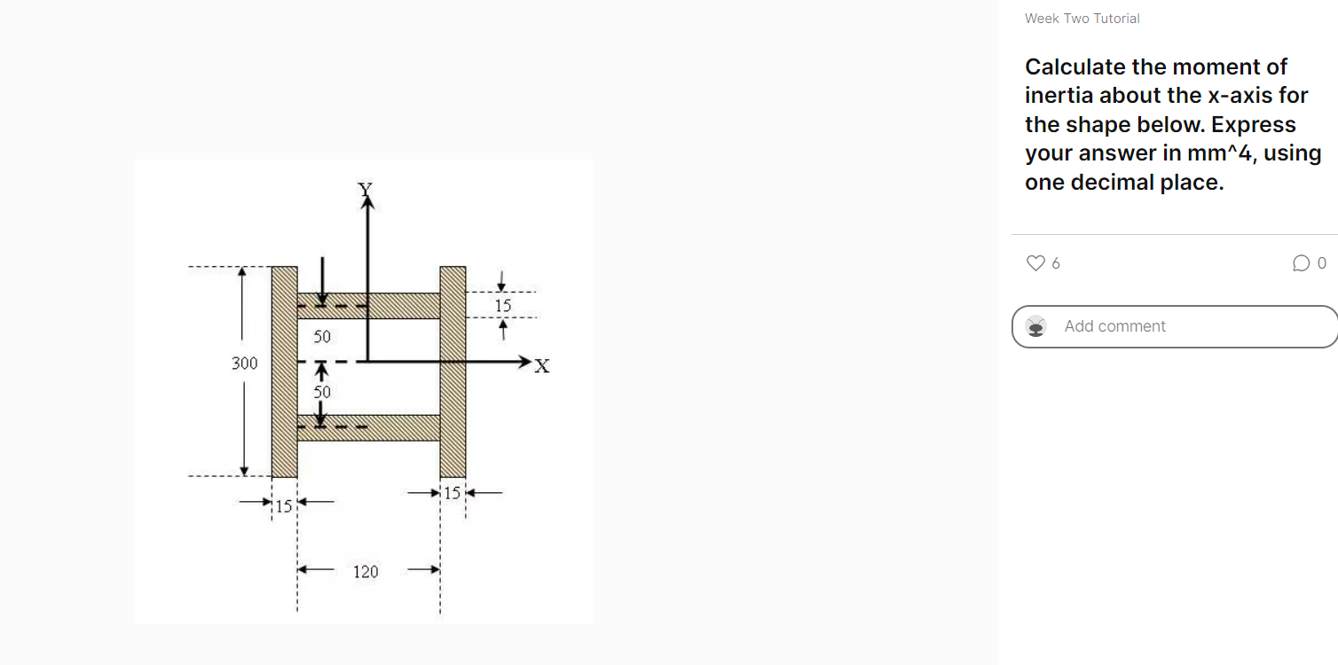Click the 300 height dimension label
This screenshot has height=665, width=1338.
coord(244,364)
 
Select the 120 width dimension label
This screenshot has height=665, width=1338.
coord(366,572)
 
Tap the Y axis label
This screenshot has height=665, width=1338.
coord(364,188)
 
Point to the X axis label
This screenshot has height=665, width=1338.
coord(542,366)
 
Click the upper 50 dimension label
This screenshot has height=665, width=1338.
coord(321,337)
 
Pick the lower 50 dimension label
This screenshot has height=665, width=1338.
coord(321,391)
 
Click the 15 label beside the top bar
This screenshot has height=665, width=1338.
coord(503,306)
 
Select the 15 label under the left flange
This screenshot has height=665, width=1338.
coord(283,507)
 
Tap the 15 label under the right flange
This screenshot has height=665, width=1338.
coord(453,493)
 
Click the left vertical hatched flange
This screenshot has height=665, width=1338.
coord(284,372)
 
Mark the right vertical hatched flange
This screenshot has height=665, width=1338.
coord(453,372)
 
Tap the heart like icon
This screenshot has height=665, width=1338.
coord(1035,263)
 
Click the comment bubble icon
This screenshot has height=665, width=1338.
coord(1301,263)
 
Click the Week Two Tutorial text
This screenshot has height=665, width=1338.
coord(1082,19)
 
